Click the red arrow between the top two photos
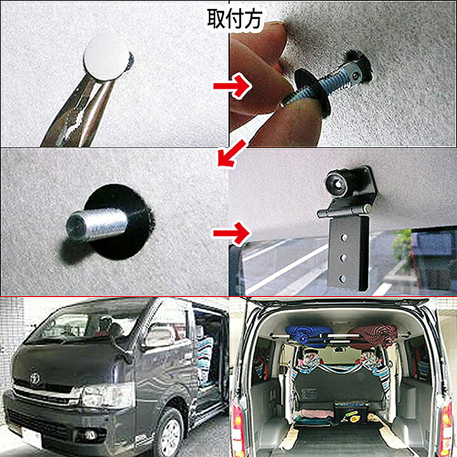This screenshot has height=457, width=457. tap(232, 86)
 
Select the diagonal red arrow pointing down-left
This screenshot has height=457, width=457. tap(232, 153)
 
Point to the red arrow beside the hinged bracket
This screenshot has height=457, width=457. tap(232, 233)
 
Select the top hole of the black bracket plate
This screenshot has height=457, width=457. tap(344, 237)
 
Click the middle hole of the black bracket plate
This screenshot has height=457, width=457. tap(343, 258)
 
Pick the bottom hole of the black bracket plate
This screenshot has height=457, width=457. tap(343, 279)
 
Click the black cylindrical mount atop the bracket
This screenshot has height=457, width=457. tap(338, 184)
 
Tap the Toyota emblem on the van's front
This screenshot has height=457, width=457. tap(35, 378)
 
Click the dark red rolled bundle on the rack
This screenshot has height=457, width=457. tap(373, 336)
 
